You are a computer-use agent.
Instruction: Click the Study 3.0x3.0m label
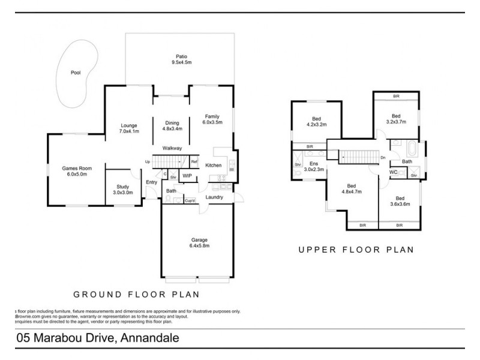point(122,190)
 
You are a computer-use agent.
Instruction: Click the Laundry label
point(214,197)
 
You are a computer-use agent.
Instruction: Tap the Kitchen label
point(214,165)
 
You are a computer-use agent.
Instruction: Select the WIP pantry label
point(187,176)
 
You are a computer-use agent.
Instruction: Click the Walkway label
point(172,148)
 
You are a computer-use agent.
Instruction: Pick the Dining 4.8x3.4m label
point(172,125)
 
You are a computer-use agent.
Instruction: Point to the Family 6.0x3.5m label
point(212,119)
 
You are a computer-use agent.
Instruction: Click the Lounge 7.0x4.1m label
point(129,128)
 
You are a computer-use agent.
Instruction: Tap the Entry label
point(151,182)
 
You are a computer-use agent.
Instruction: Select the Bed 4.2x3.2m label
point(316,122)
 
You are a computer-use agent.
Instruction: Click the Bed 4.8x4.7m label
point(351,189)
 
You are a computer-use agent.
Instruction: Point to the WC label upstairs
point(394,172)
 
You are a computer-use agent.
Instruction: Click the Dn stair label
point(383,157)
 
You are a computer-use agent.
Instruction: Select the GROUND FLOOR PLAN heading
point(136,295)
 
